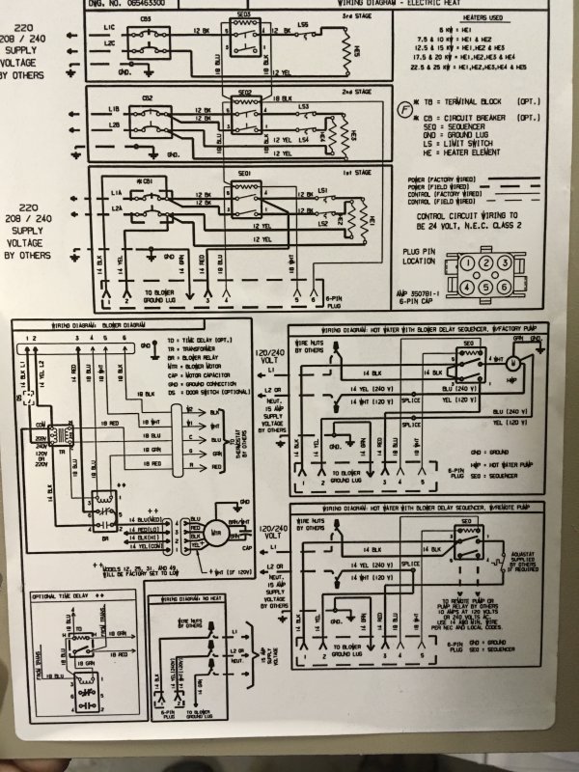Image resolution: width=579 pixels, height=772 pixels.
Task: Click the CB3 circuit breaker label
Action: point(146,19)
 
